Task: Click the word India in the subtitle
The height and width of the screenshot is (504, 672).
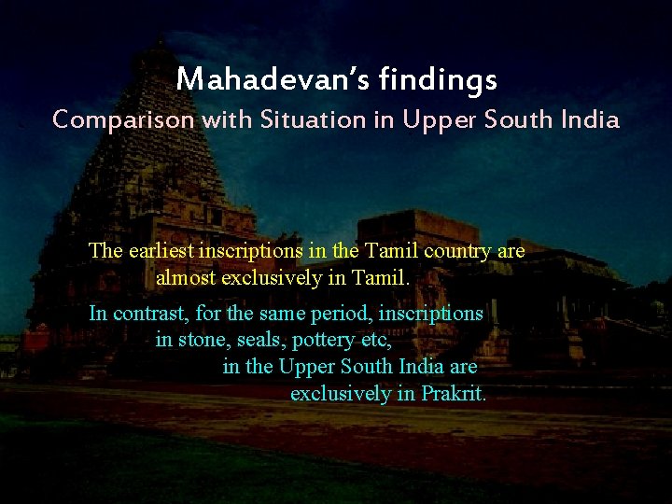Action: [x=591, y=119]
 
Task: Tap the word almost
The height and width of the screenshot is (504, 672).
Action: [x=186, y=277]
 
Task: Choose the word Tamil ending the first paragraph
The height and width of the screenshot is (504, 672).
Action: [x=383, y=277]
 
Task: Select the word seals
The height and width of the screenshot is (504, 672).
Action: [x=259, y=340]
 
